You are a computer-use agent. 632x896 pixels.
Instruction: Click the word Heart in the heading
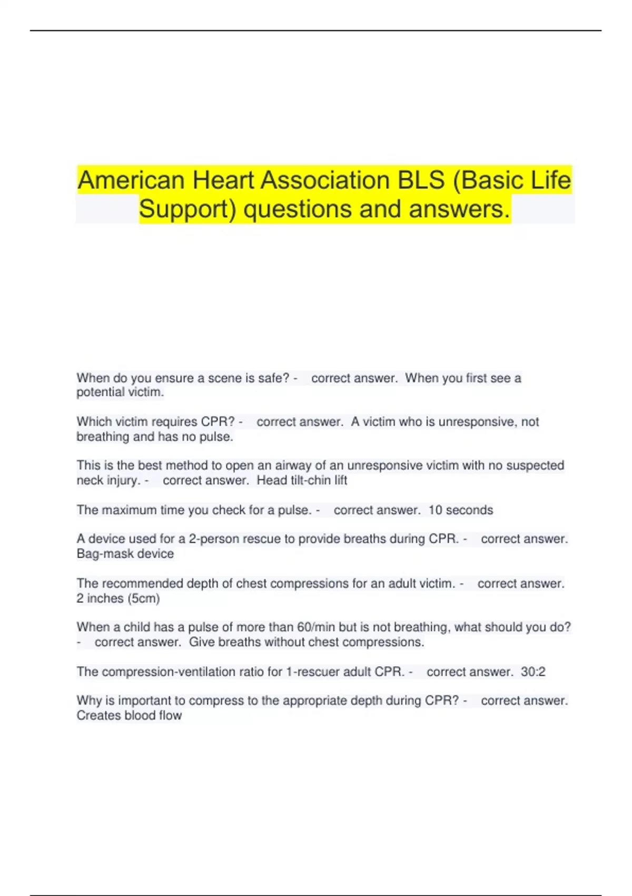pyautogui.click(x=223, y=180)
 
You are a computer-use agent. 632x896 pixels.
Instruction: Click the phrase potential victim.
pyautogui.click(x=120, y=393)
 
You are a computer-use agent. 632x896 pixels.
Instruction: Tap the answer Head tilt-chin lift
pyautogui.click(x=302, y=481)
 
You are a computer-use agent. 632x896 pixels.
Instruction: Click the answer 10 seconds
pyautogui.click(x=460, y=510)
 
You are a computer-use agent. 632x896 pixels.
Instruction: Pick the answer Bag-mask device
pyautogui.click(x=125, y=554)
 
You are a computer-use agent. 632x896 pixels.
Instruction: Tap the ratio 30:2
pyautogui.click(x=533, y=672)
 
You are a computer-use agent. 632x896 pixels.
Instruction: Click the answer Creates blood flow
pyautogui.click(x=129, y=716)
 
